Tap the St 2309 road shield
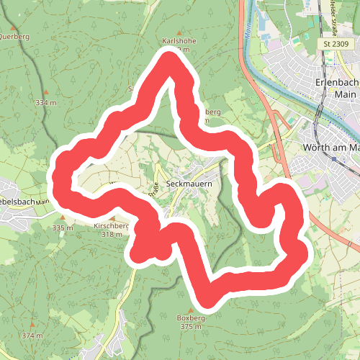coord(335,44)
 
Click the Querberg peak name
coord(14,35)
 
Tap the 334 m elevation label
coord(45,103)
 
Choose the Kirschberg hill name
coord(110,225)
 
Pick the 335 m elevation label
coord(63,228)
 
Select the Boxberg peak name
coord(187,318)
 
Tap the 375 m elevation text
coord(189,327)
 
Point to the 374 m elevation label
coord(32,336)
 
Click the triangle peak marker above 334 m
coord(46,94)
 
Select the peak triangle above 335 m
coord(63,218)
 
